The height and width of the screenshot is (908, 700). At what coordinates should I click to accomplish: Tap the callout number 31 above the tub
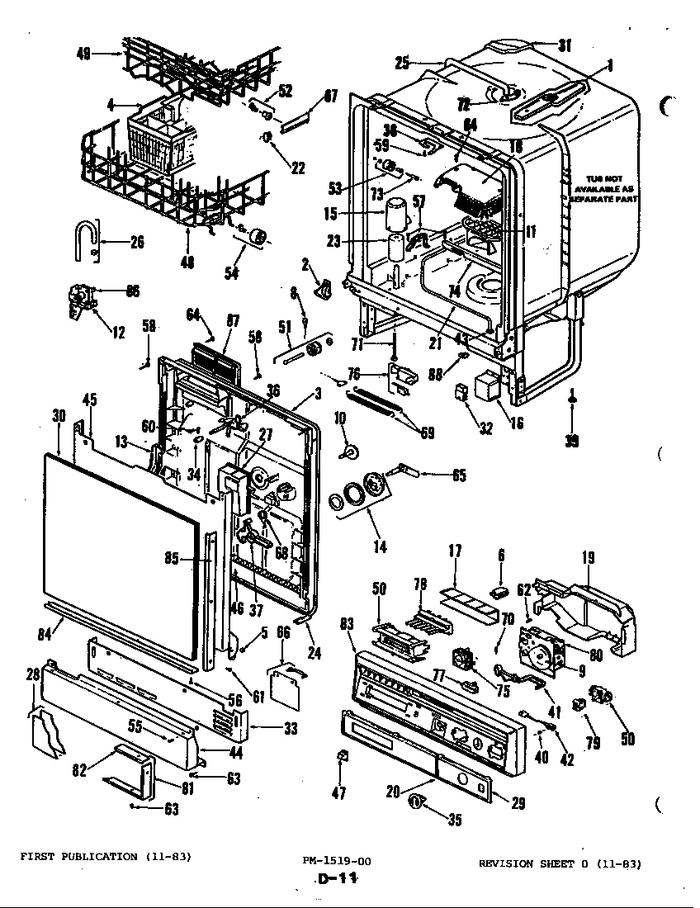[x=565, y=46]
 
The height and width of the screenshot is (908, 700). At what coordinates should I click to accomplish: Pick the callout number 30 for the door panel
[x=58, y=417]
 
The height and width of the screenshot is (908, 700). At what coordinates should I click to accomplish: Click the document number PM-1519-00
[x=337, y=861]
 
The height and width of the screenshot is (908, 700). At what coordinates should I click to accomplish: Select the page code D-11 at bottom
[x=337, y=880]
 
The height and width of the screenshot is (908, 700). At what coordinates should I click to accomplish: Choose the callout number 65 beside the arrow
[x=458, y=475]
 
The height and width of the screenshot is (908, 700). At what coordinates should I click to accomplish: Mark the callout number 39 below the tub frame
[x=571, y=441]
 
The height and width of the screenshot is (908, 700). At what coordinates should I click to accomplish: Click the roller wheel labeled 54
[x=260, y=237]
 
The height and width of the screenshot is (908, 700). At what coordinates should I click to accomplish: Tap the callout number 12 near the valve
[x=118, y=332]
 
